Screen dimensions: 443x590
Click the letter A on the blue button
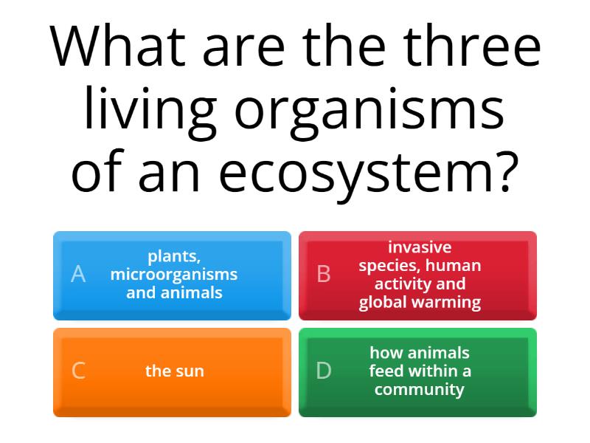pyautogui.click(x=78, y=275)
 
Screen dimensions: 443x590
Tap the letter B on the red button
pyautogui.click(x=324, y=275)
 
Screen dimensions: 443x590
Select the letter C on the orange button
pyautogui.click(x=78, y=371)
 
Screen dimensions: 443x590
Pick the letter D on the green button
pyautogui.click(x=324, y=371)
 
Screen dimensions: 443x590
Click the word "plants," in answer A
pyautogui.click(x=174, y=257)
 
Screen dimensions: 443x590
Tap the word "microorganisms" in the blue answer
pyautogui.click(x=174, y=275)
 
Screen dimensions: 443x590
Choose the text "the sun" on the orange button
pyautogui.click(x=174, y=371)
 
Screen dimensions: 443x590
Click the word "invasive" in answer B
pyautogui.click(x=420, y=247)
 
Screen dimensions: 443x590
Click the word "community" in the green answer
pyautogui.click(x=420, y=389)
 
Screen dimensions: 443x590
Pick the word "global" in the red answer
pyautogui.click(x=383, y=302)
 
